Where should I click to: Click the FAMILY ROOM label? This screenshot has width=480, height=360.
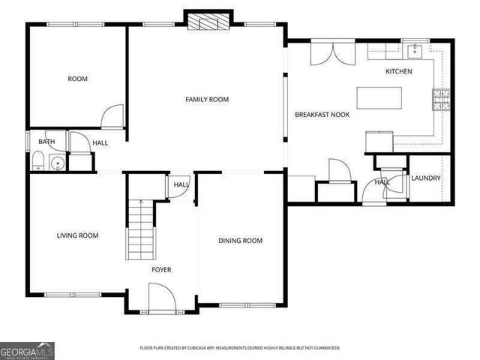pyautogui.click(x=207, y=99)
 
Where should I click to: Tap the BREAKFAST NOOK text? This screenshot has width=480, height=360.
pyautogui.click(x=322, y=115)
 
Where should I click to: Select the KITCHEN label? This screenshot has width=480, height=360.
pyautogui.click(x=398, y=71)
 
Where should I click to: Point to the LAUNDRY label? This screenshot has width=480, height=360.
pyautogui.click(x=426, y=178)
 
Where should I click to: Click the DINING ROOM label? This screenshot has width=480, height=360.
pyautogui.click(x=240, y=240)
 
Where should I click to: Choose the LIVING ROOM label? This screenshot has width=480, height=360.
pyautogui.click(x=78, y=235)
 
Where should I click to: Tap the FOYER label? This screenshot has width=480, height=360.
pyautogui.click(x=161, y=269)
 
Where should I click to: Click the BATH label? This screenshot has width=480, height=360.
pyautogui.click(x=46, y=141)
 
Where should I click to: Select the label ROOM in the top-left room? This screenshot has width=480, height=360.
pyautogui.click(x=78, y=79)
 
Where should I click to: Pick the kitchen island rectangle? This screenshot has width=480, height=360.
pyautogui.click(x=379, y=98)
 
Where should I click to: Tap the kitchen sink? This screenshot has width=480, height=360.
pyautogui.click(x=413, y=51)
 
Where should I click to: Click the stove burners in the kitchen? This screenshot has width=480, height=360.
pyautogui.click(x=440, y=97)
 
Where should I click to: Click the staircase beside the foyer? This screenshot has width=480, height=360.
pyautogui.click(x=140, y=229)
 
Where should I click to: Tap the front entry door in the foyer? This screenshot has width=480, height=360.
pyautogui.click(x=161, y=298)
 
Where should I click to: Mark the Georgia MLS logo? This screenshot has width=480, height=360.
pyautogui.click(x=27, y=350)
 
